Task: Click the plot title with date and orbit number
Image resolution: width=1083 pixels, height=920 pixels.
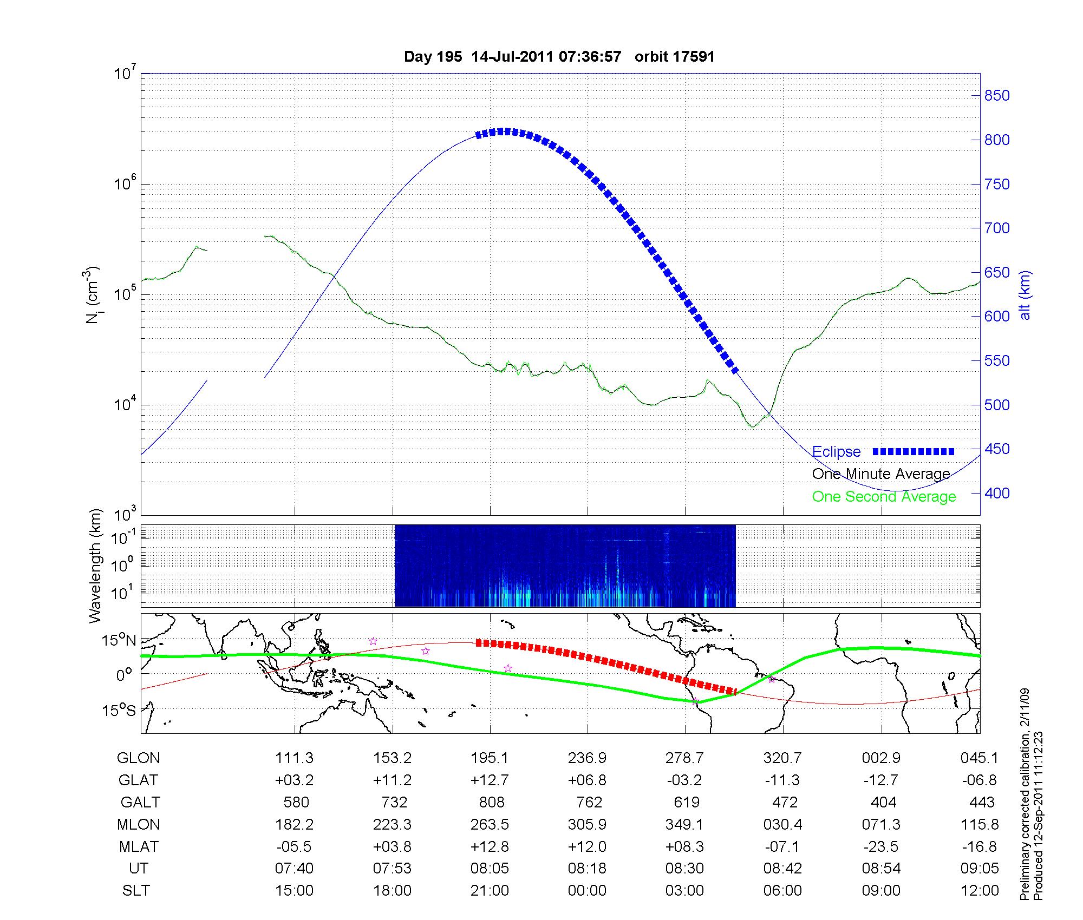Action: (559, 56)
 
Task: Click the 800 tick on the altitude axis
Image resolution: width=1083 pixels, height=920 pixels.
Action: (997, 140)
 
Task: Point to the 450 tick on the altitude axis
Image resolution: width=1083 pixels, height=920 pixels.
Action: (997, 449)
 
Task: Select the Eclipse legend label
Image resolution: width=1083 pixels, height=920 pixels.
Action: (836, 452)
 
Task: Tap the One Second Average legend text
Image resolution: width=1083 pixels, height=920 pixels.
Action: (884, 497)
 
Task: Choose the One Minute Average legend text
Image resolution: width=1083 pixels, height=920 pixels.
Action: (881, 474)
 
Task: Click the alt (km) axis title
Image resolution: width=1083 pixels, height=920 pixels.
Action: (1025, 295)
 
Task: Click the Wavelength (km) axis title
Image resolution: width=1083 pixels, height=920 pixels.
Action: (95, 566)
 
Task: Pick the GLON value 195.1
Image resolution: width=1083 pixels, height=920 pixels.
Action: (490, 758)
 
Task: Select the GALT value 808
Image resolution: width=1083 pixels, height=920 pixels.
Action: (491, 802)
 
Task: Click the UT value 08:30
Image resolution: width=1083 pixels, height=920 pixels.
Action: (684, 869)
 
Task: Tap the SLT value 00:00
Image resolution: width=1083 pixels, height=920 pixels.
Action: (587, 891)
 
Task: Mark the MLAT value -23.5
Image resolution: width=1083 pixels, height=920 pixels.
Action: (881, 846)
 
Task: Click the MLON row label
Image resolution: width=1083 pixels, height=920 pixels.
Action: (138, 824)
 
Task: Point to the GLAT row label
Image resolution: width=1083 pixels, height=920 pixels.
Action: (138, 780)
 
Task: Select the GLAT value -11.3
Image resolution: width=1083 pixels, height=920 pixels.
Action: (782, 780)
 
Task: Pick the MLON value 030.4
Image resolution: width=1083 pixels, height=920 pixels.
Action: (782, 824)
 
